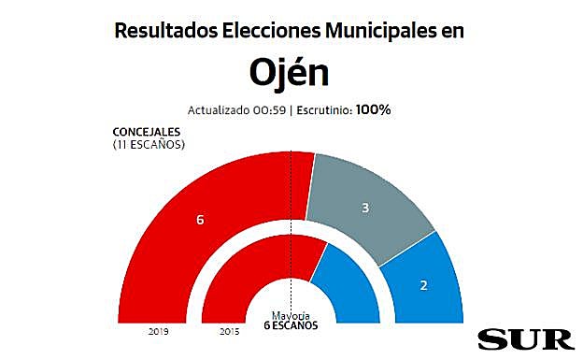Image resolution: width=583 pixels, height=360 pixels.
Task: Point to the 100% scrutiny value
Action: click(x=373, y=109)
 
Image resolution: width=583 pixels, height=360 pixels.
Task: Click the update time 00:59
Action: click(x=267, y=110)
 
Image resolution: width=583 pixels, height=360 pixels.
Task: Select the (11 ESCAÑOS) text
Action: click(x=149, y=145)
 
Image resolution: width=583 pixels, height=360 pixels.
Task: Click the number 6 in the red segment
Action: click(x=200, y=221)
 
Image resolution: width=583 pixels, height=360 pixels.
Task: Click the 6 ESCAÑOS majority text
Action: click(x=291, y=326)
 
